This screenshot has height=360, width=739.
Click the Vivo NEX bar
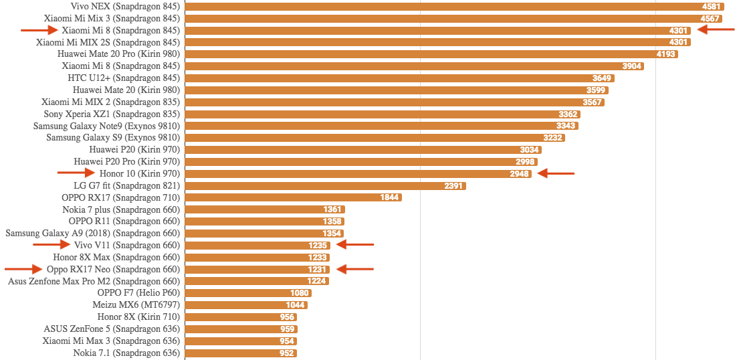pos(455,7)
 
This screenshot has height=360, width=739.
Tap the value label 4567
pos(710,19)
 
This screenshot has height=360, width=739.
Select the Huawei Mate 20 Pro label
pos(119,54)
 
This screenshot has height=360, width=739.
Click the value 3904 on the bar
pos(632,66)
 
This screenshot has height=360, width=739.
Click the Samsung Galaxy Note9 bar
pos(382,126)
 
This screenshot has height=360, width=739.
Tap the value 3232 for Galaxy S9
pos(552,138)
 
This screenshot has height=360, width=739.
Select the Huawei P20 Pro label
pos(127,162)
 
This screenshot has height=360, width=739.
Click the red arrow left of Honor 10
pos(76,173)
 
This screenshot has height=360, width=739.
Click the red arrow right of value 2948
pos(556,173)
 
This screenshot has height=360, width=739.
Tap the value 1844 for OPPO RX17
pos(390,197)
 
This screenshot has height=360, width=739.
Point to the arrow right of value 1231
pos(354,269)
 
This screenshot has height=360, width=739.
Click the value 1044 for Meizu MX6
pos(295,305)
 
